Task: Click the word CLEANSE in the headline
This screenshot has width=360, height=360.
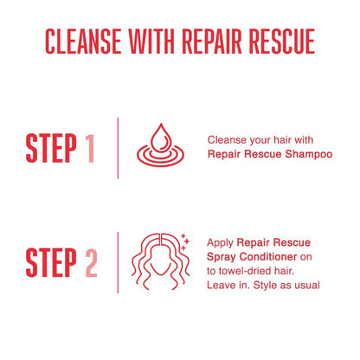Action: coord(83,42)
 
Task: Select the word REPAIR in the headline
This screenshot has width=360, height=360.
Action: coord(212,42)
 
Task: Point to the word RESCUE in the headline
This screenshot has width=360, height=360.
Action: coord(282,42)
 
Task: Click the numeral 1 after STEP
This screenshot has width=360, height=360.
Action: coord(90,148)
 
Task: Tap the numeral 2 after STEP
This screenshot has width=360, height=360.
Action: coord(91,262)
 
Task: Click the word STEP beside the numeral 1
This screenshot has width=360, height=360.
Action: coord(51,148)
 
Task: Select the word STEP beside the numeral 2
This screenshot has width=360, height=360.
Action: coord(51,262)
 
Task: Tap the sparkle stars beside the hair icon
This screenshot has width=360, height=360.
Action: coord(185,242)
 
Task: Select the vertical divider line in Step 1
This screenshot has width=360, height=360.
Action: coord(118,148)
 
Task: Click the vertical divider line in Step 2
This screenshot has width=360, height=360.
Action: coord(118,262)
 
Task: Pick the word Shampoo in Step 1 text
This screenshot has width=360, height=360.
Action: coord(309,154)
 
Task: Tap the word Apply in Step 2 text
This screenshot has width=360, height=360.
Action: coord(220,243)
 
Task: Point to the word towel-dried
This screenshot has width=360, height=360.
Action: coord(249,271)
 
